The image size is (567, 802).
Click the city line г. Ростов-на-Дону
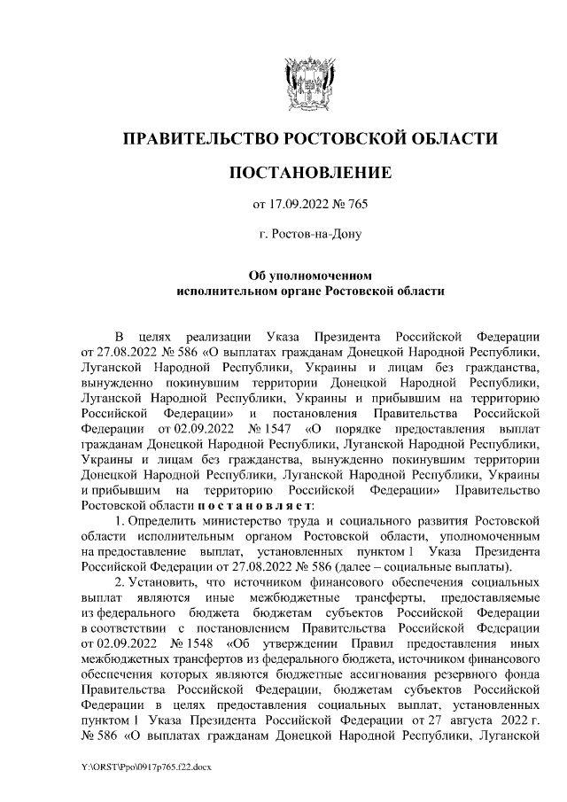(x=309, y=235)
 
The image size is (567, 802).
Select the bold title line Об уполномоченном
(x=309, y=274)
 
